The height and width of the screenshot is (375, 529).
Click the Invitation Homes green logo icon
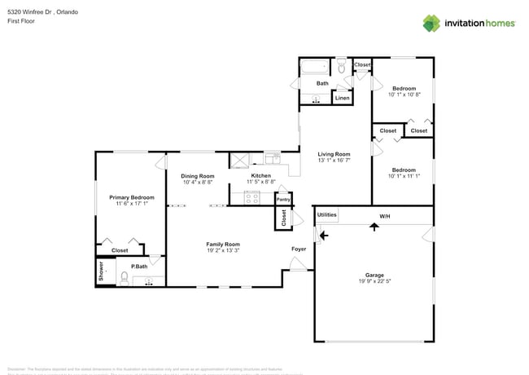click(431, 23)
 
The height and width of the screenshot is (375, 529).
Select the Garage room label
click(374, 275)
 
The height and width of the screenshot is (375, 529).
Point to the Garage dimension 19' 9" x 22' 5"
click(374, 282)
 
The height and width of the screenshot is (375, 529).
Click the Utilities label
click(326, 215)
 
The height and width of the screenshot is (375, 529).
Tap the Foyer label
click(299, 248)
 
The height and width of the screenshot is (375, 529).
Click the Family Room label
click(222, 244)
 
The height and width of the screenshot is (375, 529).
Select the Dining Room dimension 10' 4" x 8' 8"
click(198, 183)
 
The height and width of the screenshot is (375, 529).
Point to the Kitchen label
click(260, 175)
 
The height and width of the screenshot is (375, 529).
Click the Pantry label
click(283, 199)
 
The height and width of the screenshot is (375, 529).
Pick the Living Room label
click(333, 153)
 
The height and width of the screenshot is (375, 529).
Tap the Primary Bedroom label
click(131, 197)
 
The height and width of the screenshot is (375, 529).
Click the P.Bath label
click(139, 266)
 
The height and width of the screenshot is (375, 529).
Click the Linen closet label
click(343, 98)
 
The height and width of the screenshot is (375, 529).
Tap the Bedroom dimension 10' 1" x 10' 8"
click(404, 95)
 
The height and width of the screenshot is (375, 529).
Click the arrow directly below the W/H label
click(374, 227)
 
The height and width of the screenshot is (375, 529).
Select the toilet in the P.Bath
click(123, 279)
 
